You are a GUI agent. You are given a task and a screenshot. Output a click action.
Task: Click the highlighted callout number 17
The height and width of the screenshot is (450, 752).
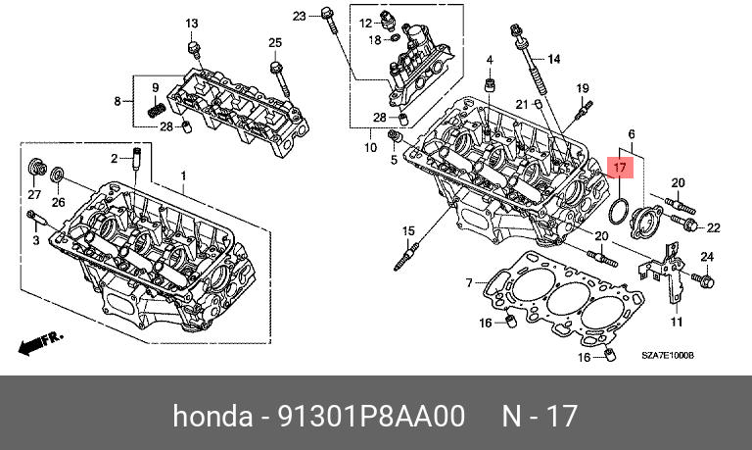coord(622,168)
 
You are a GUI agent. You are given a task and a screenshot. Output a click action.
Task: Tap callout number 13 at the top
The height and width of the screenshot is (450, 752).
coord(191,24)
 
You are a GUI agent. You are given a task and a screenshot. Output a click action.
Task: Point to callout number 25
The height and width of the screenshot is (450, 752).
coord(275,41)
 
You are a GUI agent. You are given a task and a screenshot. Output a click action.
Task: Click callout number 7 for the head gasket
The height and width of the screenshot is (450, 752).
coord(469,283)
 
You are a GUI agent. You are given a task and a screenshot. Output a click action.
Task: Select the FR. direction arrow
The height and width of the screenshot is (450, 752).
coord(39,342)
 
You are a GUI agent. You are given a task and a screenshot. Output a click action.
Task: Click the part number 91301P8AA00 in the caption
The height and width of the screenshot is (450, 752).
coord(359,417)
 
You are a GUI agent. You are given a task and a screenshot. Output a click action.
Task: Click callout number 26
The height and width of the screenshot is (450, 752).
coord(58,203)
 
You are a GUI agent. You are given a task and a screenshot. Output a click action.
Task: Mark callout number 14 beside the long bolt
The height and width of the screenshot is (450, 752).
coord(553,60)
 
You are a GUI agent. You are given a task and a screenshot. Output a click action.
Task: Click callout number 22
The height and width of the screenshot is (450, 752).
coord(713,228)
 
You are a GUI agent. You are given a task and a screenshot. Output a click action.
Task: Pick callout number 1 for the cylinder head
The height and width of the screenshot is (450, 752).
coord(181,175)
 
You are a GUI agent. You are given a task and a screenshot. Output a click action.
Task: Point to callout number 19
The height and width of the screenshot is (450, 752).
coord(581,88)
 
